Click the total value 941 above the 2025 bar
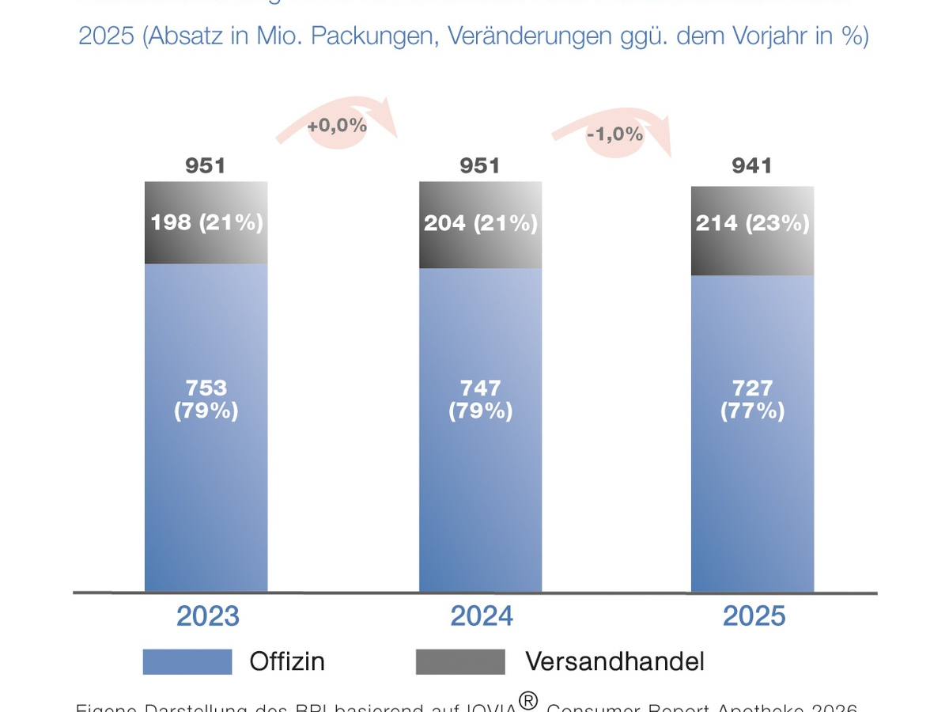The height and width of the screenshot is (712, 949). (x=752, y=165)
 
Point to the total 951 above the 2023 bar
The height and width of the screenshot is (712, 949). (x=206, y=165)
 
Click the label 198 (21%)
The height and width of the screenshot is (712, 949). (x=206, y=222)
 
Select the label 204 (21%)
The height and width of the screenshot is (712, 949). (x=481, y=223)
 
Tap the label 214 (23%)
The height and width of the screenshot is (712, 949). (x=752, y=223)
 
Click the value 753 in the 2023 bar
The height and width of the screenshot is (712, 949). (x=206, y=388)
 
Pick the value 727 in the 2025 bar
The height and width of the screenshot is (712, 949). (x=752, y=388)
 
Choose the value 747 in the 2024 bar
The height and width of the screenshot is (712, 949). (x=480, y=388)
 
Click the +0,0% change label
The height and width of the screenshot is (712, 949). (x=337, y=125)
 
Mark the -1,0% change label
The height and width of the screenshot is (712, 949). (x=614, y=134)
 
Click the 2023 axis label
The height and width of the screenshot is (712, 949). (x=207, y=616)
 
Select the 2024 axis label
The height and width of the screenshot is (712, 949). (x=482, y=616)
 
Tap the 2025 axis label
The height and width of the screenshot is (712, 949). (x=754, y=616)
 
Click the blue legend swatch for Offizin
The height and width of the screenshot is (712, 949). (x=187, y=661)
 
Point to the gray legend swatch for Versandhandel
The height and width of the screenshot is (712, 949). (x=459, y=661)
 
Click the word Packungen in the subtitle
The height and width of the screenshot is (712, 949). (x=372, y=36)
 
